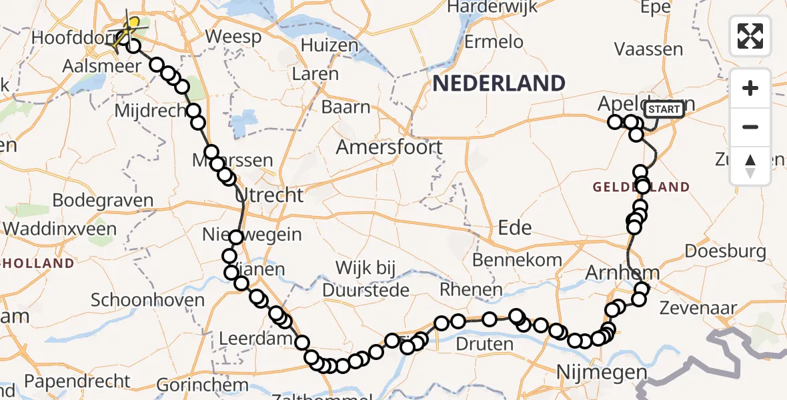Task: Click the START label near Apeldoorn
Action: (664, 109)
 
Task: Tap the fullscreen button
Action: (750, 36)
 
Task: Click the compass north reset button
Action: (750, 166)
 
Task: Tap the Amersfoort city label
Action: (389, 147)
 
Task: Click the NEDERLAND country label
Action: (499, 83)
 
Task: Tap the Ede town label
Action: (515, 228)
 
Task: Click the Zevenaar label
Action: (698, 308)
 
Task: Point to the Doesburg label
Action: (725, 251)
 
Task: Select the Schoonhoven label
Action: (147, 300)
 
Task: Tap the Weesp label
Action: (233, 37)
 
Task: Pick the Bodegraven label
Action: (102, 201)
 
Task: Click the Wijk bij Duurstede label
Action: (365, 279)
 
